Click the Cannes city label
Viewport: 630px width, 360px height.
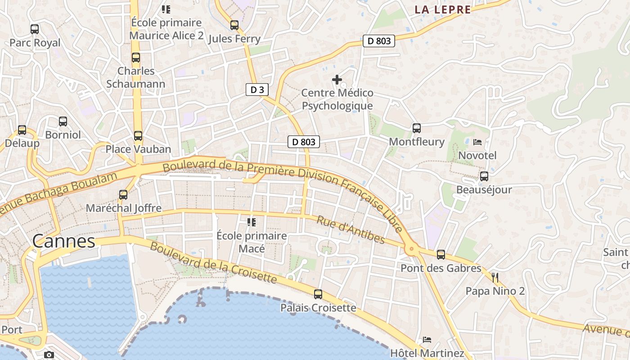[63, 241]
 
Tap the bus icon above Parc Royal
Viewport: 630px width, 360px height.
[35, 29]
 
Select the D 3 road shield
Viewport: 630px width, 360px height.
[257, 90]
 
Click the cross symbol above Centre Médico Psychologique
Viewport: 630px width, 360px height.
[337, 80]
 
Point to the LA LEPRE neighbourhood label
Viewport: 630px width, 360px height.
[442, 9]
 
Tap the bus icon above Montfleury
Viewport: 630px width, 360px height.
[417, 128]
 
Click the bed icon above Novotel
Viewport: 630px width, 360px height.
[477, 142]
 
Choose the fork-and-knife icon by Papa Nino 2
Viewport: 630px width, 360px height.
[495, 277]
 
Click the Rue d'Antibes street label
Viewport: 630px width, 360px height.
[351, 229]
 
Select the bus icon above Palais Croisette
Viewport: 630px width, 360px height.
[318, 294]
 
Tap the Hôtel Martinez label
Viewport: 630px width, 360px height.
[427, 353]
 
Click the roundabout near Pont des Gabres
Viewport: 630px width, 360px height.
[410, 248]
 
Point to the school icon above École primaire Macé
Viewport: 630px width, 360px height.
[252, 222]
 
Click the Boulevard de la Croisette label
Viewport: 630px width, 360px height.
[213, 262]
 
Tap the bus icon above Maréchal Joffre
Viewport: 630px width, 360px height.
[123, 195]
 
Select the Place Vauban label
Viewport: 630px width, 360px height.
[138, 149]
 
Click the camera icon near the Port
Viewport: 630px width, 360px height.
[49, 355]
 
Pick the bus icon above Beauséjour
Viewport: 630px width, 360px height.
[484, 176]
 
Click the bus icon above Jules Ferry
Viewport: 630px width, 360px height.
[234, 25]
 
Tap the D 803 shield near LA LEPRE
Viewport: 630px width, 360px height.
[379, 41]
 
